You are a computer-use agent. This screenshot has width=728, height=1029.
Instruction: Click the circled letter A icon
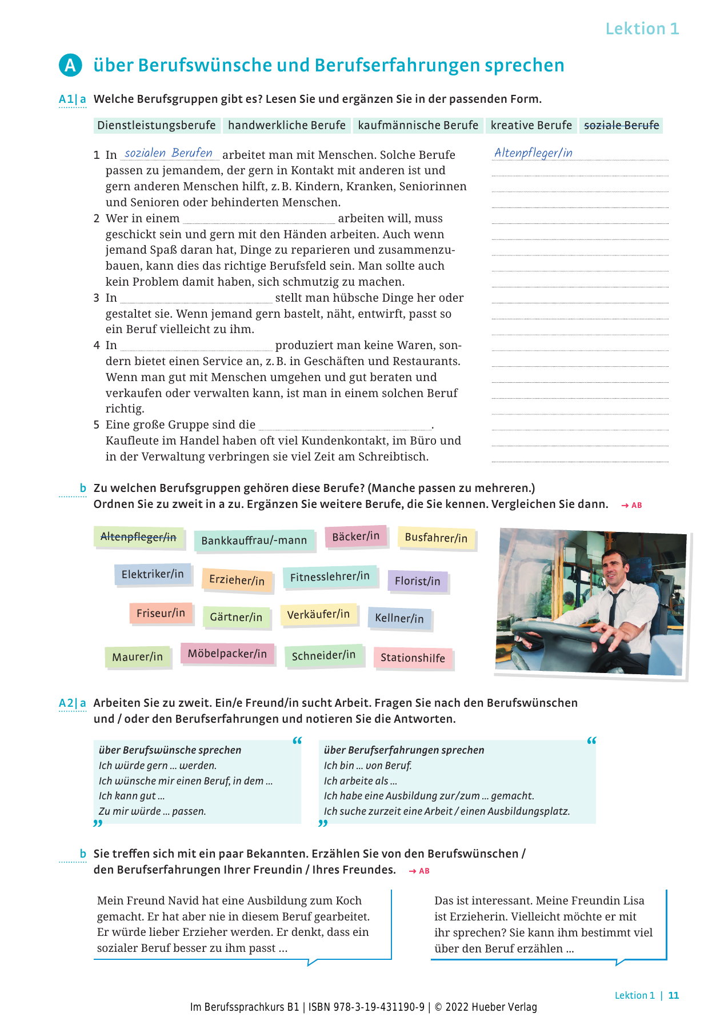point(70,66)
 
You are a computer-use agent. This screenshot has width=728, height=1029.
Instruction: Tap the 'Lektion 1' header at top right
point(642,29)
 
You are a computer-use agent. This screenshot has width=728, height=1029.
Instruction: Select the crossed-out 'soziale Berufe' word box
point(621,125)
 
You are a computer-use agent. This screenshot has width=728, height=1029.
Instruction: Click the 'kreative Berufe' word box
point(531,125)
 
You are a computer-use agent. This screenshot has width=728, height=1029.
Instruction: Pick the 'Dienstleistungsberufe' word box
point(157,125)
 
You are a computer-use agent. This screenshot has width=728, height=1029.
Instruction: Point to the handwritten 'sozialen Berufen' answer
point(169,153)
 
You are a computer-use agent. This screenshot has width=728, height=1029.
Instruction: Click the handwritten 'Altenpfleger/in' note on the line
point(533,153)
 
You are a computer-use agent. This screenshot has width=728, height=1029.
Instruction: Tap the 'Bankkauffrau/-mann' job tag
point(254,540)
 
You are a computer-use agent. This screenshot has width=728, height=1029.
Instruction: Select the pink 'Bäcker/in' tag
point(355,536)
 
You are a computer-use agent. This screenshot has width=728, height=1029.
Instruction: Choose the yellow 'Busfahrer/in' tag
point(436,538)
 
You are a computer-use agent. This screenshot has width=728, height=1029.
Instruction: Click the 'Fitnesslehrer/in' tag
point(330,577)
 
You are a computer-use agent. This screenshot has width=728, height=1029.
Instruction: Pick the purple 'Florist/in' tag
point(417,581)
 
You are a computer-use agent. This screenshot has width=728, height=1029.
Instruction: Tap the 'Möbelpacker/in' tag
point(227,654)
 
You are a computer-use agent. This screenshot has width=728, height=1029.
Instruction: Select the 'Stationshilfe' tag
point(413,658)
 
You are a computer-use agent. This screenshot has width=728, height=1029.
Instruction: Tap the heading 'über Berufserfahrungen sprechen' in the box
point(403,750)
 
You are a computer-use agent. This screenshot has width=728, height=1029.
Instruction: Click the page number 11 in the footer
point(674,995)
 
